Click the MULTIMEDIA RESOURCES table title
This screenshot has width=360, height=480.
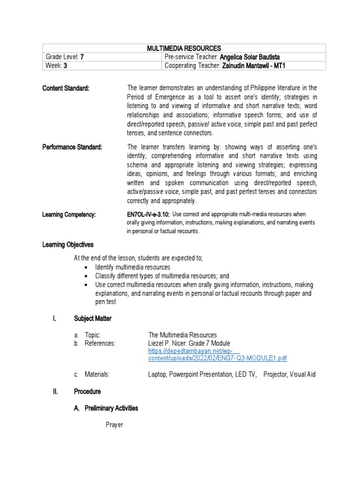pyautogui.click(x=184, y=48)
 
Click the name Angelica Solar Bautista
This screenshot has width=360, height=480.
pyautogui.click(x=251, y=57)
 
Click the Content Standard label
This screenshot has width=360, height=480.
pyautogui.click(x=66, y=88)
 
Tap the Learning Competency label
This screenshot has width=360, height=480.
pyautogui.click(x=69, y=214)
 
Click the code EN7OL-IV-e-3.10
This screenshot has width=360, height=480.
pyautogui.click(x=145, y=214)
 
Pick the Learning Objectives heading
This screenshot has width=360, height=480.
pyautogui.click(x=68, y=245)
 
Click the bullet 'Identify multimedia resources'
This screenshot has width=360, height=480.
pyautogui.click(x=133, y=267)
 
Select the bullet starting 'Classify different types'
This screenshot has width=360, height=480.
pyautogui.click(x=162, y=276)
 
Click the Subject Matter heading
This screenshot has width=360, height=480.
pyautogui.click(x=93, y=319)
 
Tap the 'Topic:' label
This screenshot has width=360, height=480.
pyautogui.click(x=92, y=335)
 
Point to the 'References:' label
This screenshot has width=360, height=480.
pyautogui.click(x=100, y=343)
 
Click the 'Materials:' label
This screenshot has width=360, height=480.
pyautogui.click(x=97, y=374)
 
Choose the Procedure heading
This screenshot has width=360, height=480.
pyautogui.click(x=87, y=391)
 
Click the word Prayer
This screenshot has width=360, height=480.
pyautogui.click(x=114, y=426)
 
